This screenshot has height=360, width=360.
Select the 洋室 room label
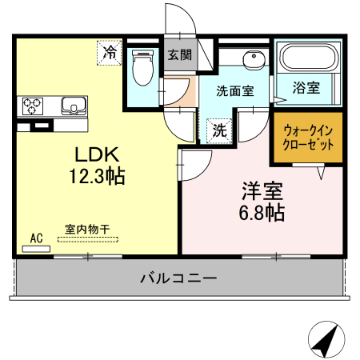[x=262, y=192]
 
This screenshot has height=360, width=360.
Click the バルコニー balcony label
[x=178, y=278]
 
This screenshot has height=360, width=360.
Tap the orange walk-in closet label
[x=304, y=138]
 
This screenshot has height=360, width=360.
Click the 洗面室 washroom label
[x=235, y=90]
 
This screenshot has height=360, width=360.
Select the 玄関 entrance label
[x=180, y=55]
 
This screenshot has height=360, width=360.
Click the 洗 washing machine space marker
[x=218, y=130]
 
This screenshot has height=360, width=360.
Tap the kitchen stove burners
[x=34, y=105]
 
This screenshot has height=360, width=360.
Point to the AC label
[x=36, y=238]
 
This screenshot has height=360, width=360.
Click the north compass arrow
[x=324, y=342]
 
